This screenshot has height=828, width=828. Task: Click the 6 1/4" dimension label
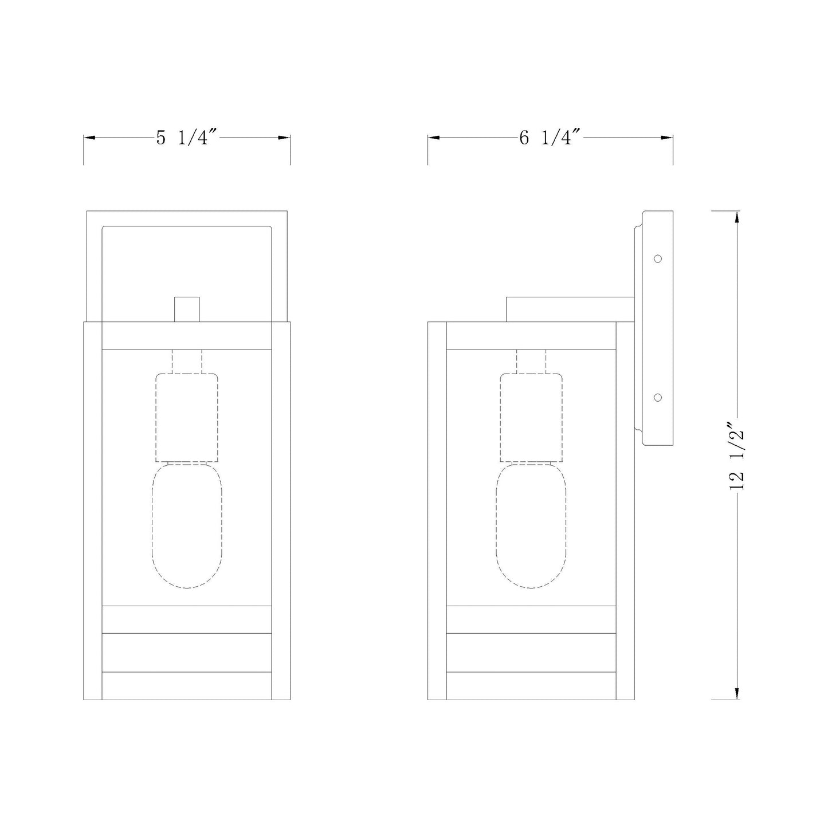click(551, 138)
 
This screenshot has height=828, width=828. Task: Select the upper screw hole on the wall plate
click(657, 258)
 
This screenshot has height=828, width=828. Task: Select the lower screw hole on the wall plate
click(657, 398)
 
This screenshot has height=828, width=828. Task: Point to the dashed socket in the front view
click(187, 418)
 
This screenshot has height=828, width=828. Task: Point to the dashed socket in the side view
click(531, 418)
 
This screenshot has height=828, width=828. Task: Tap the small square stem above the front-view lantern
click(187, 309)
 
